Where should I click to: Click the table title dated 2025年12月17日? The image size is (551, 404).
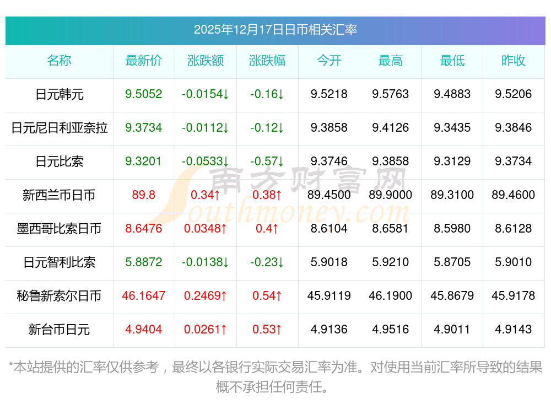[275, 29]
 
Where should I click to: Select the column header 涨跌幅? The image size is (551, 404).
[267, 61]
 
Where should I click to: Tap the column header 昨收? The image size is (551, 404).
[514, 61]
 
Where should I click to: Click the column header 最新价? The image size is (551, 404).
[144, 61]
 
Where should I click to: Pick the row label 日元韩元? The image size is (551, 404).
[60, 94]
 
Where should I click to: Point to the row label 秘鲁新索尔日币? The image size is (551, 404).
[60, 296]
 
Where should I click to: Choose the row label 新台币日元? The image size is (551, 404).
[60, 330]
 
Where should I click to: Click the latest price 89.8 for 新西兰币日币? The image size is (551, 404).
[144, 195]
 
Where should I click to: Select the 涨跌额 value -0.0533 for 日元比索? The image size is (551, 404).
[206, 161]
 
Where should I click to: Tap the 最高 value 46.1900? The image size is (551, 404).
[391, 296]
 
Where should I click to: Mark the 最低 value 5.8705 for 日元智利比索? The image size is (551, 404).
[452, 262]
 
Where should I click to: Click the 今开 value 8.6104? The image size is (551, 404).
[329, 229]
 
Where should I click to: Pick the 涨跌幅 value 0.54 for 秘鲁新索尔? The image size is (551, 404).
[267, 296]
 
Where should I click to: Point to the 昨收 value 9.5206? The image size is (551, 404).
[514, 94]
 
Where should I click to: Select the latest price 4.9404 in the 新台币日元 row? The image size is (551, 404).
[144, 330]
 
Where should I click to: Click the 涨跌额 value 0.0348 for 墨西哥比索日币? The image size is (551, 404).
[206, 229]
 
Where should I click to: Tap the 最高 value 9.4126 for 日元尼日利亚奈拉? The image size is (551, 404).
[391, 128]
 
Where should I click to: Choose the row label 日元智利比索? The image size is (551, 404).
[60, 262]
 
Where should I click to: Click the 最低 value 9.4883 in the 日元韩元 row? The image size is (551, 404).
[452, 94]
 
